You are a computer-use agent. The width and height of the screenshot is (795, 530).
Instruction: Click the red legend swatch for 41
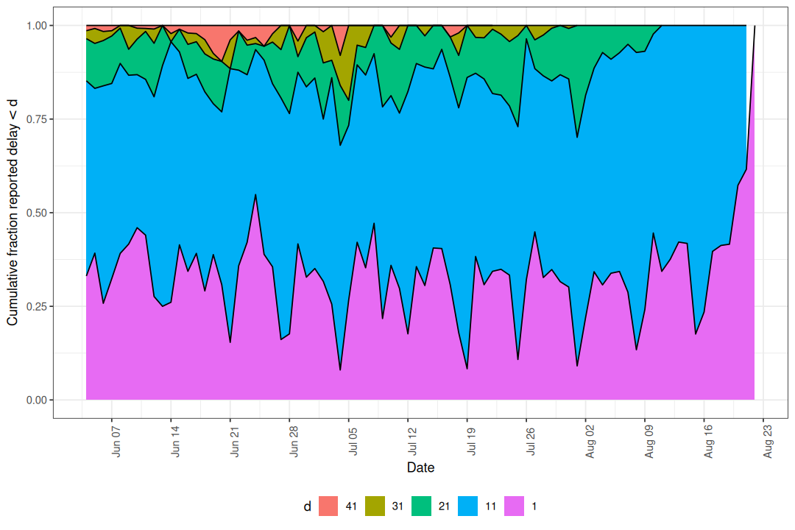(x=328, y=506)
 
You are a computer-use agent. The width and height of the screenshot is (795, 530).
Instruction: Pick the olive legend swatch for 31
(x=375, y=506)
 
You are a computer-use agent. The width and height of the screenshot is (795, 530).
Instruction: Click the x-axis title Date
(x=420, y=468)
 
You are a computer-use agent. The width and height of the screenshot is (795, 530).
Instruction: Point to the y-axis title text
(x=13, y=212)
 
